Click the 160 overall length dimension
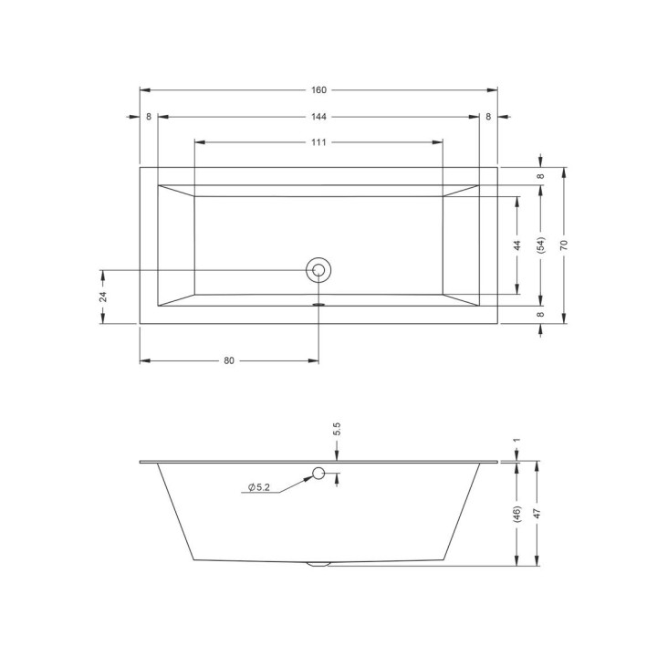(x=318, y=90)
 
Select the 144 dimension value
(x=318, y=117)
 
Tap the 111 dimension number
(x=318, y=142)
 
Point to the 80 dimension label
(x=229, y=360)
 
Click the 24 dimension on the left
(x=103, y=297)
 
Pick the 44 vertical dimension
(x=517, y=245)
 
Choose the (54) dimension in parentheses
(x=540, y=245)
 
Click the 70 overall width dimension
(x=564, y=245)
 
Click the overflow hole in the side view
(x=318, y=474)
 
